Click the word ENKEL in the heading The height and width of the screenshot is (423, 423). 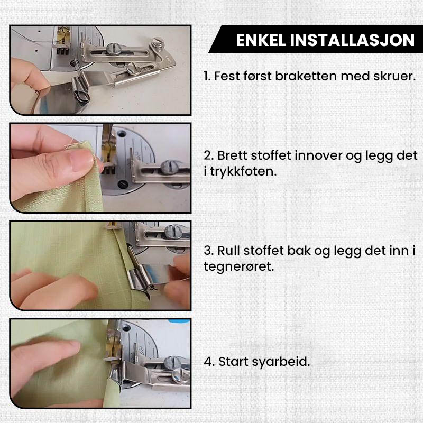tap(261, 40)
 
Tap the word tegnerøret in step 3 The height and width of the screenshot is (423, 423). tap(239, 267)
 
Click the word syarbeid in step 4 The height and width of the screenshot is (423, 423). tap(281, 362)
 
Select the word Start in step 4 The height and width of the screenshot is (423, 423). tap(233, 362)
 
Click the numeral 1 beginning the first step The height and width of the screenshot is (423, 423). tap(206, 76)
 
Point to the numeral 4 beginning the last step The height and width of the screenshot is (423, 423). tap(209, 362)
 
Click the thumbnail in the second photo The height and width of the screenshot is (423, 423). tap(81, 160)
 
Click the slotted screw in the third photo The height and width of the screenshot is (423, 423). tap(172, 232)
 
